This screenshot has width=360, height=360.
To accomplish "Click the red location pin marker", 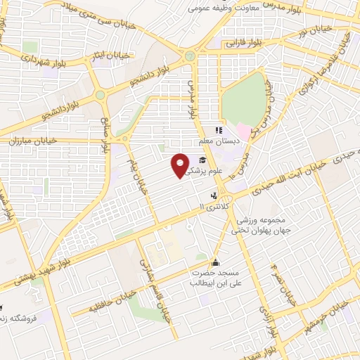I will (x=181, y=165).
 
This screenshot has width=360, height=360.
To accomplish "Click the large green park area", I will (x=245, y=98).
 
